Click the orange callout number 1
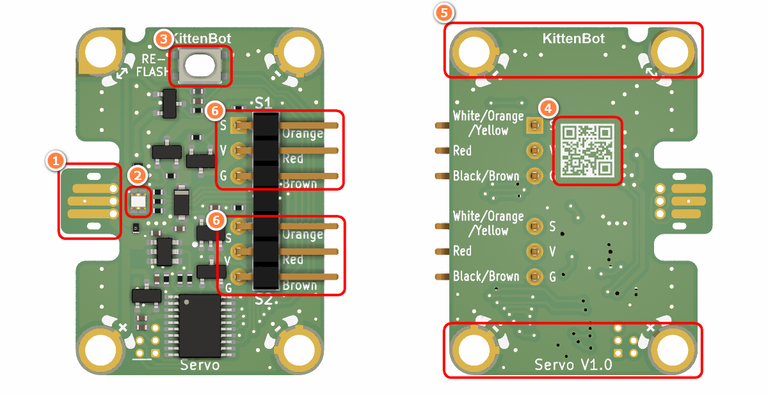click(x=56, y=160)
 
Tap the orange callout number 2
click(x=137, y=174)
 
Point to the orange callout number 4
click(x=547, y=107)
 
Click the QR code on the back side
click(x=587, y=150)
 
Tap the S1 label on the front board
click(x=263, y=102)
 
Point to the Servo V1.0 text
click(x=573, y=365)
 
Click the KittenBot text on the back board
click(x=573, y=38)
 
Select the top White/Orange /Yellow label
click(x=488, y=123)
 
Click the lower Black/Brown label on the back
click(x=486, y=277)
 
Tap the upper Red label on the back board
click(x=462, y=150)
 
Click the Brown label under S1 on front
click(x=300, y=184)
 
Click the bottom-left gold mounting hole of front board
click(x=101, y=350)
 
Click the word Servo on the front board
click(x=200, y=365)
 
